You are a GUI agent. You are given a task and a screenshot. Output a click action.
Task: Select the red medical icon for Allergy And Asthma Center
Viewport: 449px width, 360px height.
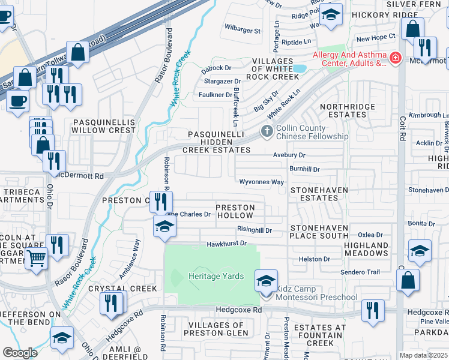(x=395, y=58)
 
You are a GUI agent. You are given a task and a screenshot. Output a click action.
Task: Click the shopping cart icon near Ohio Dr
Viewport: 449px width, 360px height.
(x=37, y=259)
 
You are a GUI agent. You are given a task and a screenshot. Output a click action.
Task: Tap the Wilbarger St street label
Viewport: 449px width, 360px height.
(x=243, y=30)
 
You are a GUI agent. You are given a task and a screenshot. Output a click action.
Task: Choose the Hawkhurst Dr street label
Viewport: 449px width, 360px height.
(x=227, y=244)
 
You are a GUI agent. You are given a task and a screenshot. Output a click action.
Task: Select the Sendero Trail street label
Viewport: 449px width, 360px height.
(x=360, y=272)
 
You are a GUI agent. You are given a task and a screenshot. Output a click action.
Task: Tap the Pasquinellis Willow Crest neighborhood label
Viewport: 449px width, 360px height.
(x=104, y=125)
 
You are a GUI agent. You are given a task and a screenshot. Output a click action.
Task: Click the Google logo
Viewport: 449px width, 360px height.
(x=20, y=353)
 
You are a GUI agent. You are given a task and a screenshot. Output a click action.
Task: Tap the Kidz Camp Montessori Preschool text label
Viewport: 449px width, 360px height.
(x=316, y=293)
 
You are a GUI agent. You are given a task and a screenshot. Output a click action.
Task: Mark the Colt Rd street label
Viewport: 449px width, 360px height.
(x=402, y=123)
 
